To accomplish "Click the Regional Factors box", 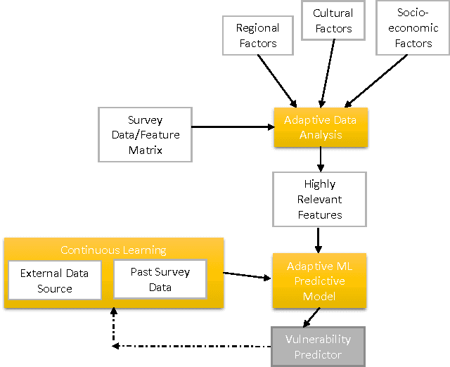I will point(257,36).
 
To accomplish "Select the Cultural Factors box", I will point(333,20).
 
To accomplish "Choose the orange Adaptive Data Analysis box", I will point(320,127).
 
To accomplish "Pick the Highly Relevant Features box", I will point(320,198).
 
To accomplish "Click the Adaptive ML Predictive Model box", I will point(320,281).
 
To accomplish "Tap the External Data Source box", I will point(55,281).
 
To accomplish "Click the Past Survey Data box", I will point(160,278).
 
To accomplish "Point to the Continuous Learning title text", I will point(113,250).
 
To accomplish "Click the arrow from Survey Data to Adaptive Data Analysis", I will point(232,127).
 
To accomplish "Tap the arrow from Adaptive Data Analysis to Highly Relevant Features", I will point(321,160).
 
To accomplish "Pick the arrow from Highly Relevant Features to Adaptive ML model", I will point(319,238).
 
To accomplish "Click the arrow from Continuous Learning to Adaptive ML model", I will point(246,276).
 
